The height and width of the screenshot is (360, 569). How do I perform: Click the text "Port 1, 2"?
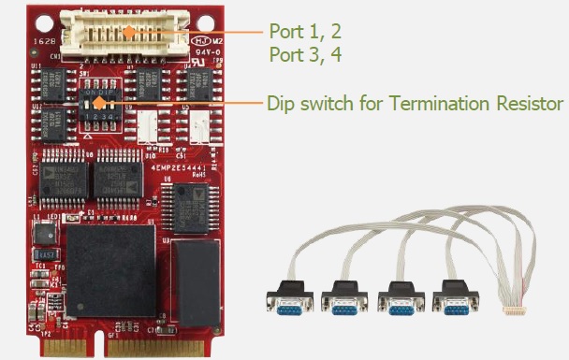pos(304,31)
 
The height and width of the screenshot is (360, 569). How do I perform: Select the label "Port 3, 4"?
pos(304,54)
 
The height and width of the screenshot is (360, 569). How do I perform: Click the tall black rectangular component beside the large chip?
pos(198,281)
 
